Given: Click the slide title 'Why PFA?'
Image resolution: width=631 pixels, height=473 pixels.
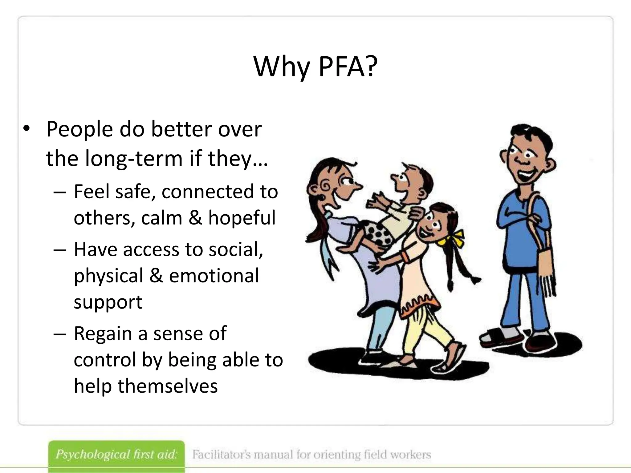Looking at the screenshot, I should point(315,67).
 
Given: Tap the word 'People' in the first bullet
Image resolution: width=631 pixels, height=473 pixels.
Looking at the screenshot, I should point(79,129).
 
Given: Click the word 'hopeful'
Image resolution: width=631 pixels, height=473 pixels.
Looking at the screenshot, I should point(242,218).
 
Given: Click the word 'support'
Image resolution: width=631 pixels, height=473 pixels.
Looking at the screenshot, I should point(108,302).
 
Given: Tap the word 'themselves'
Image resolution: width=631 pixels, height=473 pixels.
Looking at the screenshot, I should point(168,386).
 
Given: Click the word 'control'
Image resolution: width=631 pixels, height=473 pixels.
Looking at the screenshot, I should point(105,360).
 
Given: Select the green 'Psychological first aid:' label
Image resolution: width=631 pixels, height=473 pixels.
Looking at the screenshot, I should point(116,455).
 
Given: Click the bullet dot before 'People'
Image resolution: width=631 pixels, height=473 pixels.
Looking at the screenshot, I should point(26,129).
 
